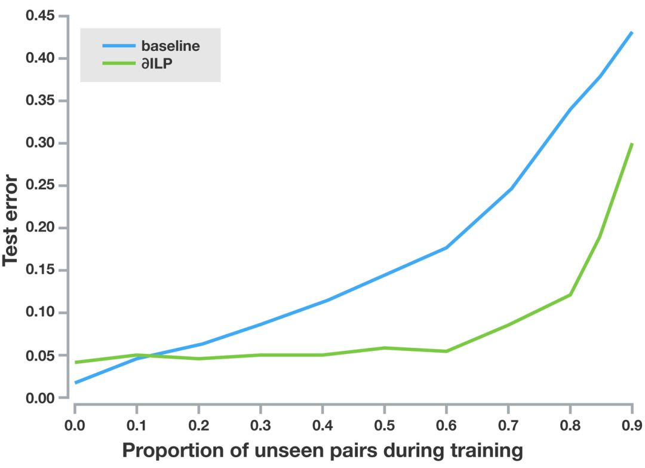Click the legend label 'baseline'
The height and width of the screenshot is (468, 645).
[x=170, y=46]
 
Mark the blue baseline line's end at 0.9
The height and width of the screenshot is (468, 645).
[x=632, y=32]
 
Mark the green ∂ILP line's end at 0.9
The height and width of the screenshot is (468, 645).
[x=632, y=144]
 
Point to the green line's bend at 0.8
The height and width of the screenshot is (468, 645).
[x=570, y=295]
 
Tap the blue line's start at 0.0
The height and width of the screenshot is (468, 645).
[x=76, y=383]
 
